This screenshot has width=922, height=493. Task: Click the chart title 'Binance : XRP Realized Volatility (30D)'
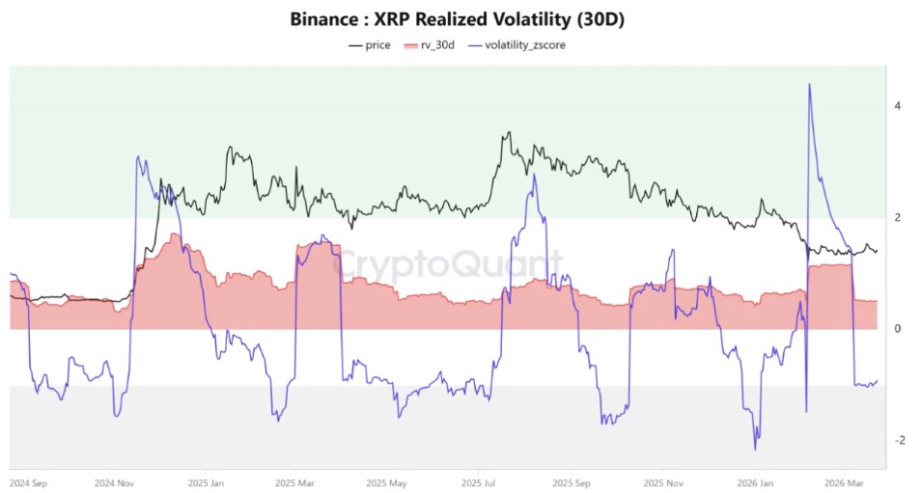[457, 19]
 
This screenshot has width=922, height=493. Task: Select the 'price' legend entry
[370, 45]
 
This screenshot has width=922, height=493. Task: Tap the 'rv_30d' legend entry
[430, 45]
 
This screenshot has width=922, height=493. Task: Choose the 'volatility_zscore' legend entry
[517, 45]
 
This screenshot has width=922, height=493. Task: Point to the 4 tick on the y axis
[897, 106]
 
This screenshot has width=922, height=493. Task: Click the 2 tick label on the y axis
[897, 218]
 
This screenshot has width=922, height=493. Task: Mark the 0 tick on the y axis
[897, 329]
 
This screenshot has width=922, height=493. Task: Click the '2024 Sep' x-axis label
[28, 483]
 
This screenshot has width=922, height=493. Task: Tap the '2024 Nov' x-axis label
[115, 483]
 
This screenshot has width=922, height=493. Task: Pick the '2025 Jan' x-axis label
[206, 483]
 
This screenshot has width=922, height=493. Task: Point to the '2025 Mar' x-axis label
[295, 483]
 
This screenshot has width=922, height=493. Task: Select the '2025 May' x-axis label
[386, 483]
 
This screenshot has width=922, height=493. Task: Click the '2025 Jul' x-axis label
[478, 483]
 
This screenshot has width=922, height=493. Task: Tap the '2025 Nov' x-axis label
[662, 483]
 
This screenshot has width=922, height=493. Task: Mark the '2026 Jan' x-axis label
[755, 483]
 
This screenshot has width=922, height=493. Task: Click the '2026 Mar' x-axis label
[845, 483]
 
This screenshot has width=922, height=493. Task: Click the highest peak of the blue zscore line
[810, 84]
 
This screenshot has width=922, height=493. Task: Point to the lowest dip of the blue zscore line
[756, 451]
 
